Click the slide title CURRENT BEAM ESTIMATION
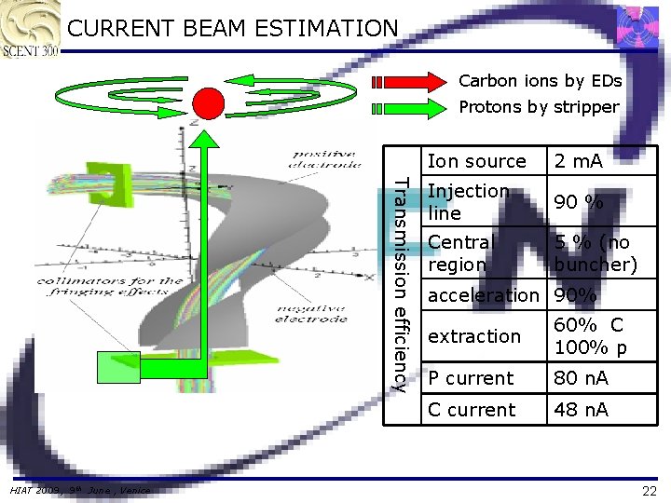(x=233, y=29)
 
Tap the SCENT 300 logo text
(x=30, y=49)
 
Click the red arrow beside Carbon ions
(x=410, y=82)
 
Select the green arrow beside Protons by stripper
(x=410, y=108)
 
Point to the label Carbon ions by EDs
(x=540, y=81)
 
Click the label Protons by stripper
(x=539, y=107)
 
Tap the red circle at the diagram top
(x=208, y=102)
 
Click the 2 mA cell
(x=578, y=161)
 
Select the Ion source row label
(x=476, y=161)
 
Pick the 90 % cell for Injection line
(x=578, y=202)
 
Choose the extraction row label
(x=474, y=336)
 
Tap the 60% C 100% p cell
(x=590, y=337)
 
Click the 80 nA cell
(x=581, y=378)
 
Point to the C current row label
(x=472, y=410)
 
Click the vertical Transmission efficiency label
(x=400, y=283)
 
